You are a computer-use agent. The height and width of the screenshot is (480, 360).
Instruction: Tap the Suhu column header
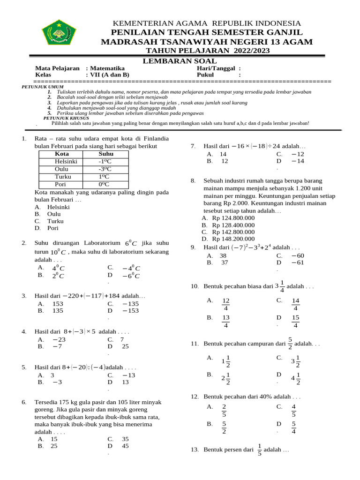(x=106, y=154)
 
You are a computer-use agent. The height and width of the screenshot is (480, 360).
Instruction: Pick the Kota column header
(x=62, y=154)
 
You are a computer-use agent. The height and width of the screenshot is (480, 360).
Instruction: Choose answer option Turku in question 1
(x=55, y=221)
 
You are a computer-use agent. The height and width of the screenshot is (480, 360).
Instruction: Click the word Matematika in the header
(x=108, y=68)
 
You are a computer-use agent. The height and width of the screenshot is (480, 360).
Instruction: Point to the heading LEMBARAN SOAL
(x=180, y=61)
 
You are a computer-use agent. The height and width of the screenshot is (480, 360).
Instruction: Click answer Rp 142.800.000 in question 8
(x=233, y=232)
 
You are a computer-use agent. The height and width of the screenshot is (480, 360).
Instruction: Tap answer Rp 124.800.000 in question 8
(x=233, y=218)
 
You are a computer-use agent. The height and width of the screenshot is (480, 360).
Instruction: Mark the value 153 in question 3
(x=58, y=303)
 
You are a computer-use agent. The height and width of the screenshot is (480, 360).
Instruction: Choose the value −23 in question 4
(x=59, y=339)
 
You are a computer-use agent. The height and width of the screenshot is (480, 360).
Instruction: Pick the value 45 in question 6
(x=125, y=446)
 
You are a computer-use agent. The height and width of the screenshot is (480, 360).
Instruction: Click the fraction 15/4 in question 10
(x=296, y=322)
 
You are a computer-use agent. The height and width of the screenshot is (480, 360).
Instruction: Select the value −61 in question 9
(x=298, y=262)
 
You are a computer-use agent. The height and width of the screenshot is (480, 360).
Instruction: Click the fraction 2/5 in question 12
(x=224, y=410)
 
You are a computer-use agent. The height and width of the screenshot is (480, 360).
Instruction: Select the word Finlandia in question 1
(x=152, y=139)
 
